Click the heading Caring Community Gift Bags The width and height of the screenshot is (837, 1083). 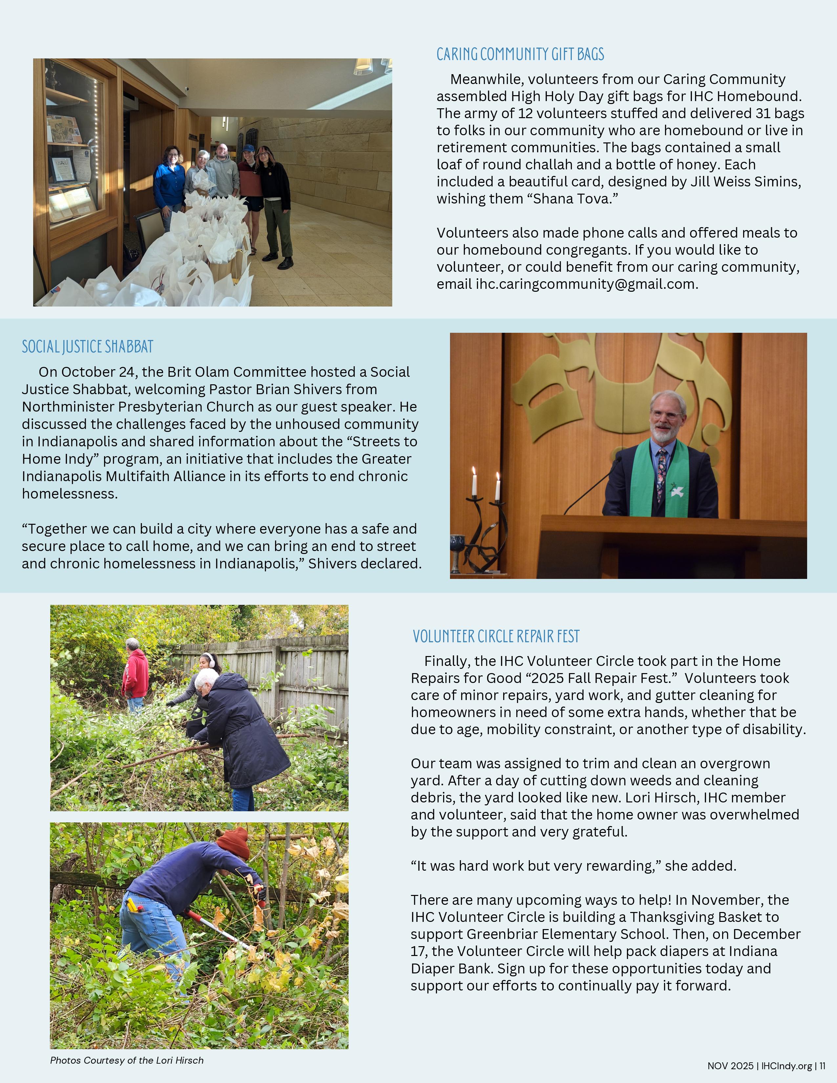pyautogui.click(x=520, y=54)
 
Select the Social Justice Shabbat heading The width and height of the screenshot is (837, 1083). pyautogui.click(x=87, y=347)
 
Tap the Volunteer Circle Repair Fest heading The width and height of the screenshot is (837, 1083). pyautogui.click(x=496, y=636)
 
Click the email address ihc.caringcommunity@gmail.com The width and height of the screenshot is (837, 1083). pyautogui.click(x=587, y=284)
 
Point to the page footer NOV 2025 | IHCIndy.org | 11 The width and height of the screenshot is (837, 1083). pyautogui.click(x=766, y=1066)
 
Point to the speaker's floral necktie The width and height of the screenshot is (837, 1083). pyautogui.click(x=661, y=474)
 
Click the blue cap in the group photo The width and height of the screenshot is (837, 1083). pyautogui.click(x=248, y=148)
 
